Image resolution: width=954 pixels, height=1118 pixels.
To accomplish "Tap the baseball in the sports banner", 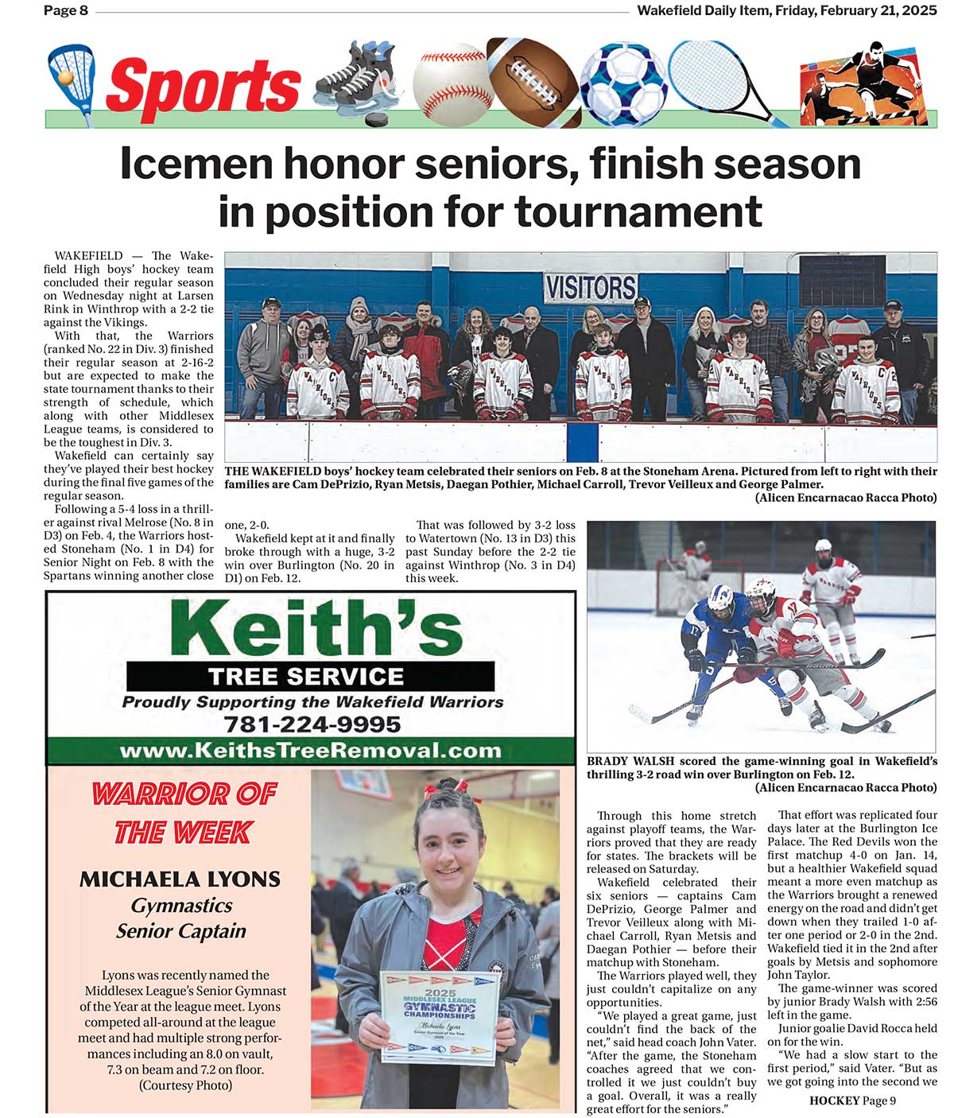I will click(452, 84).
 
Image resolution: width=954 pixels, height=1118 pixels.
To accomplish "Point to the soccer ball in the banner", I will click(623, 84).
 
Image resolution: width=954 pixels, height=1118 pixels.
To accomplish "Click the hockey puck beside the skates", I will click(375, 118).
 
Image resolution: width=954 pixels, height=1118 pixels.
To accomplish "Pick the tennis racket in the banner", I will click(715, 76).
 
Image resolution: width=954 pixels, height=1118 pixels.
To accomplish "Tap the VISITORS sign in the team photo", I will click(590, 287).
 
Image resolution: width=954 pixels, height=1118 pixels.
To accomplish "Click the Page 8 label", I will click(66, 10).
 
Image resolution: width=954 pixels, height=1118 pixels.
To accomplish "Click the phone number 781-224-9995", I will click(312, 724).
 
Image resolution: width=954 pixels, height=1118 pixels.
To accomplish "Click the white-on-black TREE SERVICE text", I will click(306, 677).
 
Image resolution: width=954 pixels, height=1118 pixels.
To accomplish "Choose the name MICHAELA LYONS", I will click(180, 879).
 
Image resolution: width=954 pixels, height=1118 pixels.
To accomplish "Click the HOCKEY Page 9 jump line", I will click(852, 1101).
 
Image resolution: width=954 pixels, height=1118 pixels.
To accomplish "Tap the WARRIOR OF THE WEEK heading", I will click(184, 813).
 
